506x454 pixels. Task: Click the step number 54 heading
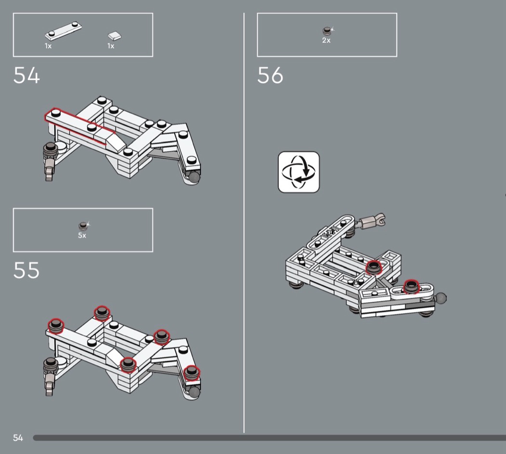coord(27,76)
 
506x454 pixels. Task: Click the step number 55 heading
coord(27,270)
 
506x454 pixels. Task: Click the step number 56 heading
coord(270,76)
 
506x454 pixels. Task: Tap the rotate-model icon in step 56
coord(299,172)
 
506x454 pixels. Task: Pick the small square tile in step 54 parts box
coord(115,35)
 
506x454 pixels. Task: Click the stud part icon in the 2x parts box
coord(327,31)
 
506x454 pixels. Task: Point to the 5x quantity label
coord(82,236)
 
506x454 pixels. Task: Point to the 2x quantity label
coord(326,40)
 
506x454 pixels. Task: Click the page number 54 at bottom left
coord(18,438)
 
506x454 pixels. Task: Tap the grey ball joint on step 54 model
coord(194,177)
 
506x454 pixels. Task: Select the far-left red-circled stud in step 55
coord(56,325)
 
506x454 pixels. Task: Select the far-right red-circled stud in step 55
coord(192,373)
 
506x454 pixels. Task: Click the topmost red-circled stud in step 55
coord(102,313)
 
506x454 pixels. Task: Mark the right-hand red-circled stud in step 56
coord(411,286)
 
